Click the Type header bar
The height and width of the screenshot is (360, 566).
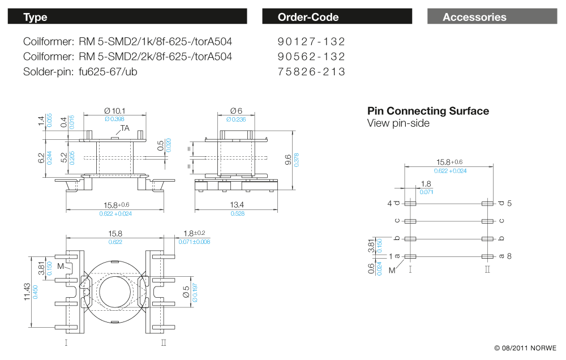click(x=127, y=17)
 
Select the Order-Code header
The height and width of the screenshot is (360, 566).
click(x=337, y=17)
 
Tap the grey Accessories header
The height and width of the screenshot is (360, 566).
click(x=491, y=17)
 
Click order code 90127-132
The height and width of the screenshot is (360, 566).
click(x=311, y=42)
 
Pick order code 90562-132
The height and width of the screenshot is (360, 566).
click(x=311, y=57)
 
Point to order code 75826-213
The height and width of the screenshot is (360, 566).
click(x=311, y=72)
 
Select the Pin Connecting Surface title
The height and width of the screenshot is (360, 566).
click(x=428, y=111)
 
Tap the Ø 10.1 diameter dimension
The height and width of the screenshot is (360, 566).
click(x=115, y=110)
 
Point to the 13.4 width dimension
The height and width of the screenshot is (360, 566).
click(x=237, y=205)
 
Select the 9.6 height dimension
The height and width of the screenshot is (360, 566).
click(x=288, y=161)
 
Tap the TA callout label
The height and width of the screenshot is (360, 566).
click(x=125, y=128)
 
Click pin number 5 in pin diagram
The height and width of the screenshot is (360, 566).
click(x=509, y=203)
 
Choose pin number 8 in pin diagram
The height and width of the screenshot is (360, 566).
click(x=509, y=256)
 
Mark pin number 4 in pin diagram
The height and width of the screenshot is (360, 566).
click(x=389, y=203)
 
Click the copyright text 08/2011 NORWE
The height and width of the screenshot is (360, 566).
click(x=525, y=348)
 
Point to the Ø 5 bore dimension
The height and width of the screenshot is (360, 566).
click(x=187, y=294)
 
